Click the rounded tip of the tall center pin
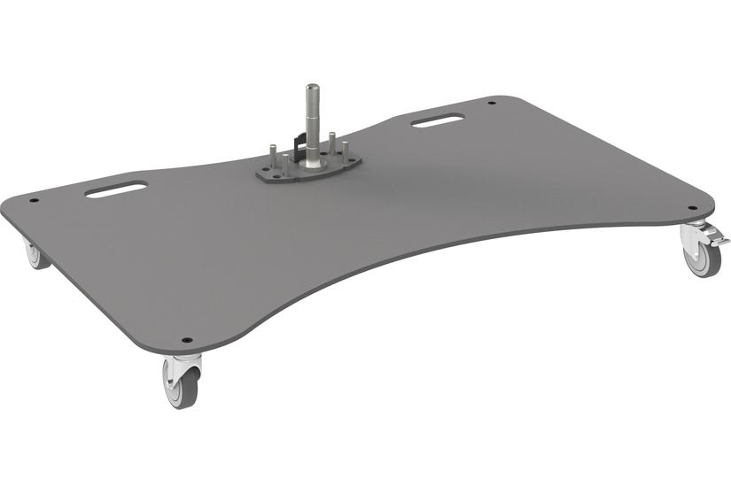311,87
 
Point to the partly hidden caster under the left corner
34,256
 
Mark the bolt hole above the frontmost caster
186,339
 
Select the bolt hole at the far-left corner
35,200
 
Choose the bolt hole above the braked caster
693,208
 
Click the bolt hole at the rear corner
491,103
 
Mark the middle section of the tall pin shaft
311,124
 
